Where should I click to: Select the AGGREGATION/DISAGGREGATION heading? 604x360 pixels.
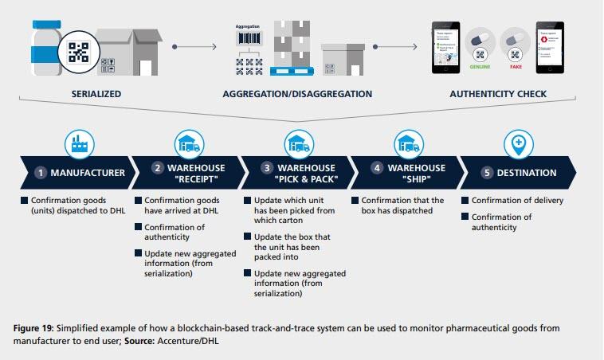tap(297, 94)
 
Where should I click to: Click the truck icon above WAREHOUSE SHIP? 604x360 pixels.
tap(405, 144)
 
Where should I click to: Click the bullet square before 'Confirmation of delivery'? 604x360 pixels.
tap(465, 201)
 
